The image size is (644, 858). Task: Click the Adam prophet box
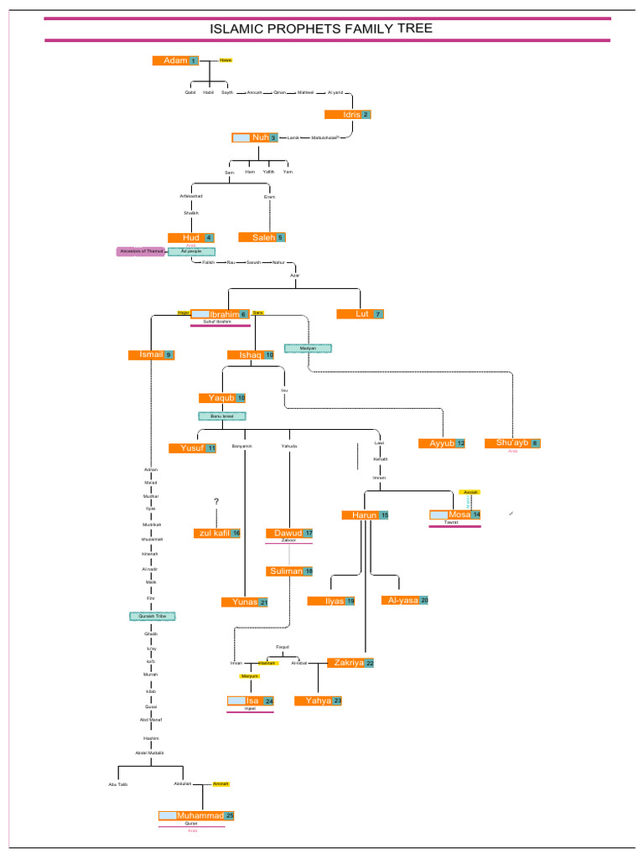[176, 60]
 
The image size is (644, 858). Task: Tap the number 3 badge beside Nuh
[273, 137]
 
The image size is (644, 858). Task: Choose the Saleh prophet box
[262, 238]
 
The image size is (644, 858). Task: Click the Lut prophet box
[360, 314]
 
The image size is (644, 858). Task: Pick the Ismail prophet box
[151, 355]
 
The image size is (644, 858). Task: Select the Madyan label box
[308, 348]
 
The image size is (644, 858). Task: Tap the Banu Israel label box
[222, 416]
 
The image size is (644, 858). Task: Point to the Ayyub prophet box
[442, 443]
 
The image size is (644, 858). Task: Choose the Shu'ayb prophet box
[513, 443]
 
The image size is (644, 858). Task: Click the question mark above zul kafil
[216, 502]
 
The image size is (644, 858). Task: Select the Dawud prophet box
[290, 534]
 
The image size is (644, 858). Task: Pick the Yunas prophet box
[245, 602]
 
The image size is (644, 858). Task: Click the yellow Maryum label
[250, 675]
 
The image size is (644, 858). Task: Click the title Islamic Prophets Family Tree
[321, 29]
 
